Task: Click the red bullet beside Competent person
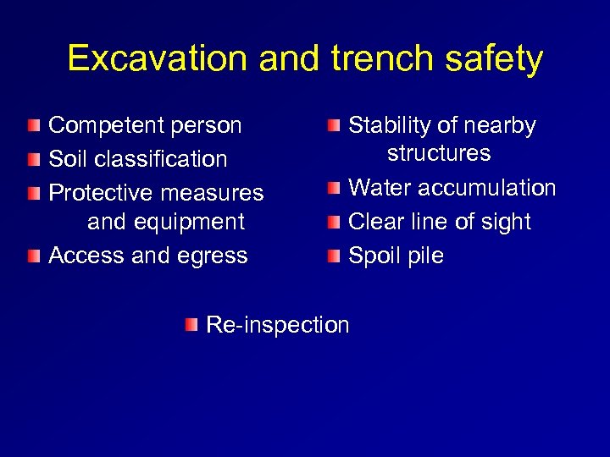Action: coord(32,126)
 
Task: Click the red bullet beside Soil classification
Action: coord(32,159)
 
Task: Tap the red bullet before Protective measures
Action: coord(32,193)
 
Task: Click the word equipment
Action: coord(190,222)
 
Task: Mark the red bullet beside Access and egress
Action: coord(32,256)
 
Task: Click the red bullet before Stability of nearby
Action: coord(334,126)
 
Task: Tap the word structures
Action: coord(439,153)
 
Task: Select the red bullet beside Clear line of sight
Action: coord(334,223)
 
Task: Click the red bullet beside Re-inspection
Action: coord(192,325)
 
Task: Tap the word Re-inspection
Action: coord(278,325)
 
